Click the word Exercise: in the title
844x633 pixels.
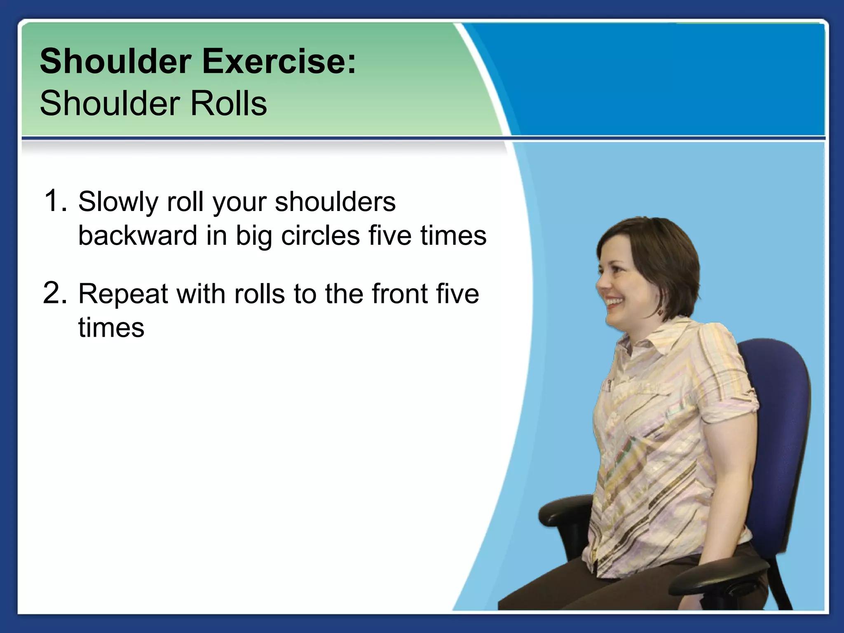point(279,62)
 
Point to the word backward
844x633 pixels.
point(138,235)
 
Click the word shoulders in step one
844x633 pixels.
point(335,202)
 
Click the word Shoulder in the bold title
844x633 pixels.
point(115,62)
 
